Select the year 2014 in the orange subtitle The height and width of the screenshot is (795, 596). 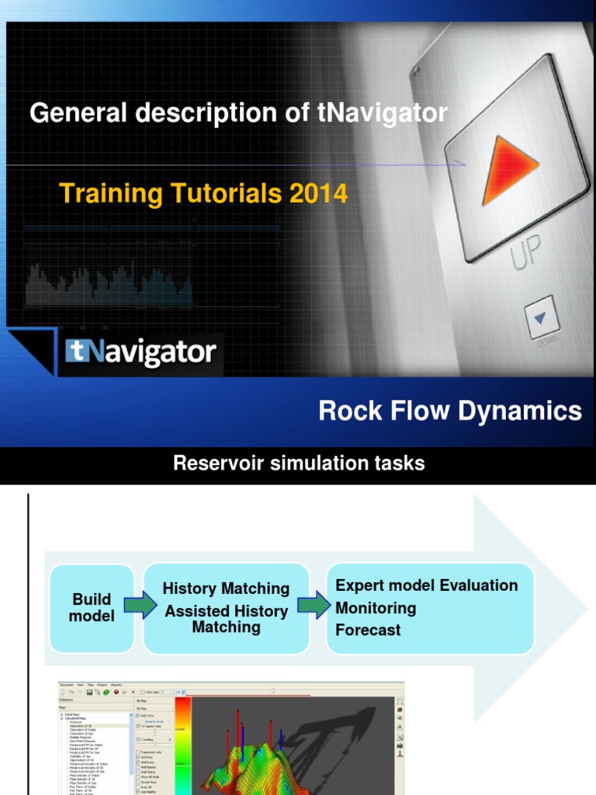tap(318, 193)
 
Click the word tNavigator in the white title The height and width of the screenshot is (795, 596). tap(383, 113)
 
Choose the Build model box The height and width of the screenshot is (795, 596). tap(92, 608)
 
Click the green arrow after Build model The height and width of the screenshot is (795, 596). tap(139, 606)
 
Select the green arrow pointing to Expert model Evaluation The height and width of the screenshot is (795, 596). tap(313, 606)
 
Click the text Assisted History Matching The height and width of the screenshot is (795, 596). tap(226, 619)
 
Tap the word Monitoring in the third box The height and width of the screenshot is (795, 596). tap(376, 608)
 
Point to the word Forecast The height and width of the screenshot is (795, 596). tap(368, 630)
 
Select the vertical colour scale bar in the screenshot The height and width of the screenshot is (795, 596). tap(184, 745)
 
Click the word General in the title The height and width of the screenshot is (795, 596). tap(78, 113)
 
